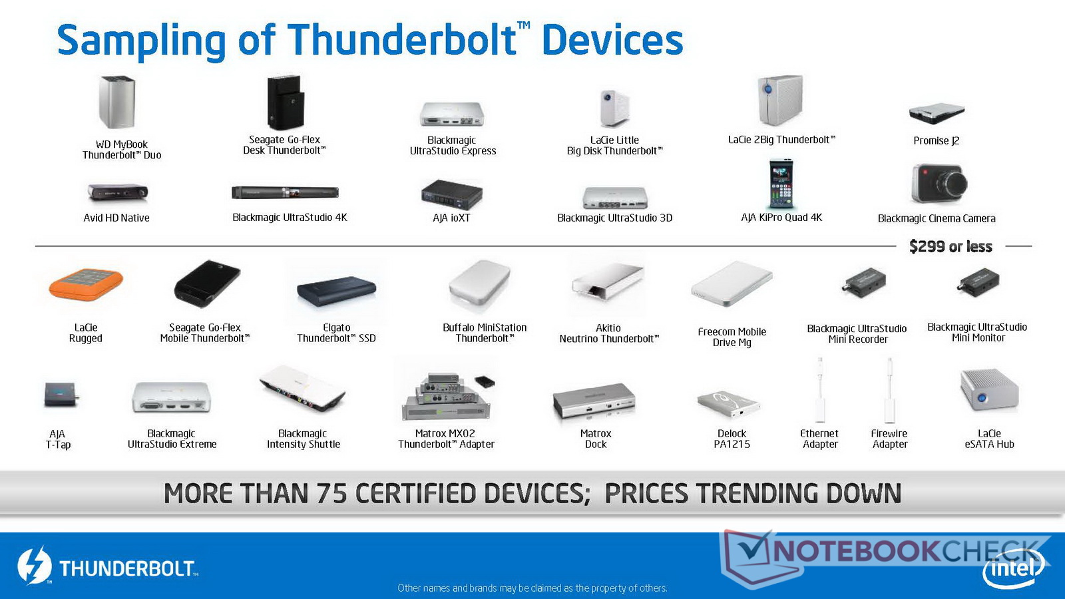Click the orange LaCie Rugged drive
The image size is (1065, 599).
[x=86, y=284]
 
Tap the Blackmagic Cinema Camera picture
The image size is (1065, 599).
[x=939, y=183]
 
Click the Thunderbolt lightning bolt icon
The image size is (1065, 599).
[x=34, y=566]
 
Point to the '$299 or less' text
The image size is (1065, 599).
[x=951, y=246]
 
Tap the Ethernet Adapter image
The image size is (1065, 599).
[x=819, y=390]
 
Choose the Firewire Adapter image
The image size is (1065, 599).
[x=889, y=390]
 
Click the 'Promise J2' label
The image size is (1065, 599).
[x=936, y=140]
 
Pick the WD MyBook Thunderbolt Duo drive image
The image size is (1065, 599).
[x=117, y=102]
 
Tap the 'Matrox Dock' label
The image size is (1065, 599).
[x=595, y=439]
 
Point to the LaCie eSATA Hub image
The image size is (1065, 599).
[x=989, y=390]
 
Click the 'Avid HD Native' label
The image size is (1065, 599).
[x=116, y=218]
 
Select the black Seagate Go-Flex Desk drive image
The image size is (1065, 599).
[x=285, y=102]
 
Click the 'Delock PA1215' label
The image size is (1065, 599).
[x=732, y=439]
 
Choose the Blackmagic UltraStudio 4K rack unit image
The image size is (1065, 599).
[x=286, y=192]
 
